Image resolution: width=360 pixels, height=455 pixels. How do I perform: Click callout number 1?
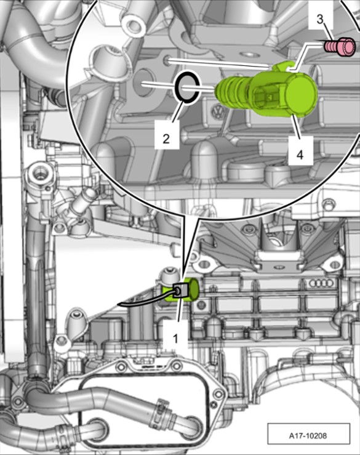pyautogui.click(x=175, y=339)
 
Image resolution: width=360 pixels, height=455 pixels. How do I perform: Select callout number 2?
pyautogui.click(x=166, y=139)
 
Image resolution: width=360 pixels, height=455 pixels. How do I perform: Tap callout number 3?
pyautogui.click(x=319, y=20)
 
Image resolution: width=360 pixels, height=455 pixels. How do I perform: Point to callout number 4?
pyautogui.click(x=300, y=155)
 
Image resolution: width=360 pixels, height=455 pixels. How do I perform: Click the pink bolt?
pyautogui.click(x=340, y=46)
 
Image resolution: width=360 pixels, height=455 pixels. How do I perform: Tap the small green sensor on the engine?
pyautogui.click(x=181, y=289)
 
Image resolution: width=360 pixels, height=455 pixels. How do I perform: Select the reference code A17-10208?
pyautogui.click(x=308, y=435)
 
